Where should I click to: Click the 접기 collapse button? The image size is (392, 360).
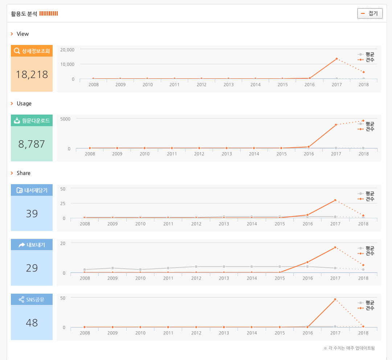(370, 14)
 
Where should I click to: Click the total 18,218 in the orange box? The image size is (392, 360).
(32, 74)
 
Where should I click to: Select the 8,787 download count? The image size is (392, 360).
(32, 144)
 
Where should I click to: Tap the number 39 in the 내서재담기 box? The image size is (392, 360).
(32, 214)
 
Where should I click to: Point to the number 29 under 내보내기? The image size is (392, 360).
(32, 268)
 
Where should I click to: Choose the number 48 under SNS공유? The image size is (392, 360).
(32, 323)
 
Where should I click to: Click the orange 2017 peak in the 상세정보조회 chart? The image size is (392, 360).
(336, 59)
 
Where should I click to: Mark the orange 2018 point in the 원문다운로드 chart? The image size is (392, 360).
(363, 121)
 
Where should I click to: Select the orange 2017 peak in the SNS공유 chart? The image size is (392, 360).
(335, 299)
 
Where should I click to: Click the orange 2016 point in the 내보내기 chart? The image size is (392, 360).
(307, 262)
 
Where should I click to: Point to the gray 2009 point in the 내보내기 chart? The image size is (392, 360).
(113, 268)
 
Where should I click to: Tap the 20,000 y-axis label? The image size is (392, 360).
(68, 50)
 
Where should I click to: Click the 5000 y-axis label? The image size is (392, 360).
(66, 119)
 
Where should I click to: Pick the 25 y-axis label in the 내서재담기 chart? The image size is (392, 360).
(63, 203)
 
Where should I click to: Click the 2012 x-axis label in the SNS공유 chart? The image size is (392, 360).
(196, 333)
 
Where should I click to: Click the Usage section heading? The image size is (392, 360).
(24, 104)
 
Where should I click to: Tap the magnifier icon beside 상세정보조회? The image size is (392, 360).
(17, 51)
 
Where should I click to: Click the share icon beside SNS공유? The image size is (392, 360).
(21, 299)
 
